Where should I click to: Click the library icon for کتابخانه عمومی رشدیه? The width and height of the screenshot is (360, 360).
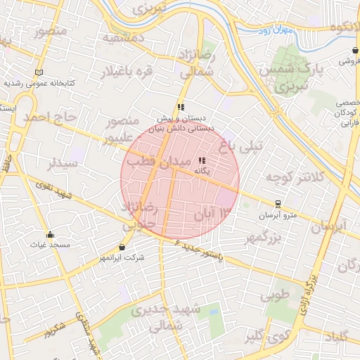click(x=39, y=72)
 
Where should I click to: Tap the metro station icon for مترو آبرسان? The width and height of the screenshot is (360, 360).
click(x=278, y=205)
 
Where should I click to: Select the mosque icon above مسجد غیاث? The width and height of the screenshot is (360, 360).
click(x=49, y=235)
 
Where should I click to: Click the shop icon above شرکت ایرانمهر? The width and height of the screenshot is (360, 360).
click(x=124, y=247)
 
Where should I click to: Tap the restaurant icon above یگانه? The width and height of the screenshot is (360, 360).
click(x=202, y=160)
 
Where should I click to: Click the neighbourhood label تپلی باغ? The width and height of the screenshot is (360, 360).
click(x=240, y=146)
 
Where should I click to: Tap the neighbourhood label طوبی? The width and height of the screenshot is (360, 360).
click(x=276, y=296)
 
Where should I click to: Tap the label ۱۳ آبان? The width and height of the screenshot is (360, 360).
click(x=214, y=212)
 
